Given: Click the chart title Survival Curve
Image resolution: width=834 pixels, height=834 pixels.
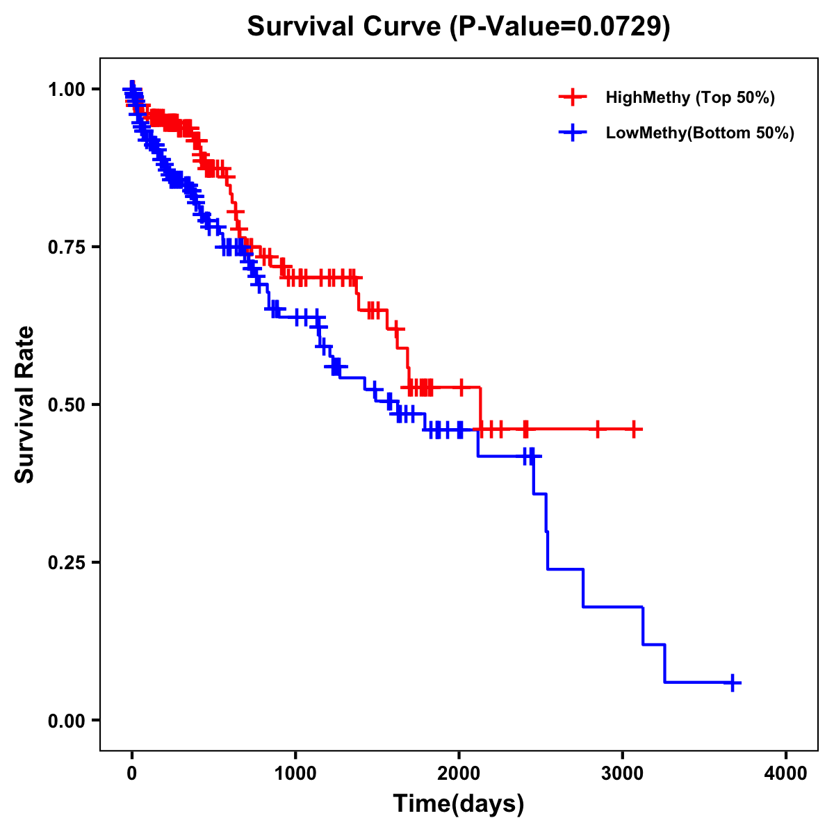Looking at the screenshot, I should pos(344,27).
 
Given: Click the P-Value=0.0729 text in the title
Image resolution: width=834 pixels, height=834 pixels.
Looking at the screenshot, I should pos(559,27).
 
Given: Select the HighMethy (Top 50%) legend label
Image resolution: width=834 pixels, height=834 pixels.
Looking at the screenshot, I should pos(689,97).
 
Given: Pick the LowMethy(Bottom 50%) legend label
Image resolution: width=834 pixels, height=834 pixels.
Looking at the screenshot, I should pos(700,133).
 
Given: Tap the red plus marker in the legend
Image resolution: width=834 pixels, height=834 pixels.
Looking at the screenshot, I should pos(573,97).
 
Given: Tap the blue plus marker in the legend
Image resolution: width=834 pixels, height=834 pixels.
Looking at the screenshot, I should pos(573,133).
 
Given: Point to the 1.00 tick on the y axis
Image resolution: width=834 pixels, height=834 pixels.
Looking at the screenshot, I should pos(66,89).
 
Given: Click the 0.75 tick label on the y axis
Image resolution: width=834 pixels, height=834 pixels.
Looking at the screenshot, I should pos(66,247).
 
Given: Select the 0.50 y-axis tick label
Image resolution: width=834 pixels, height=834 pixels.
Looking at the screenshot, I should pos(66,404).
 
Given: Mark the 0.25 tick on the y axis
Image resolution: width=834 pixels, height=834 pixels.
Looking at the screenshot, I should pos(66,562).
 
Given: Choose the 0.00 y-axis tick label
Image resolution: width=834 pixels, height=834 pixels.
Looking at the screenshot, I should pos(66,720).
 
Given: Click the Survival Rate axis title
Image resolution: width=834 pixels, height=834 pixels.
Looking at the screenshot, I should pos(25,404).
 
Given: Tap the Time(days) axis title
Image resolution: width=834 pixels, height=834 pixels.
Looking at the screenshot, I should pos(459,804).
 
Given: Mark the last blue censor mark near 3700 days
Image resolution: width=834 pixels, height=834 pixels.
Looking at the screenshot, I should pos(733,682).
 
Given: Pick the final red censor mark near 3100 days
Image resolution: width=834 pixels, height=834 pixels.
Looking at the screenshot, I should pos(634,430).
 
